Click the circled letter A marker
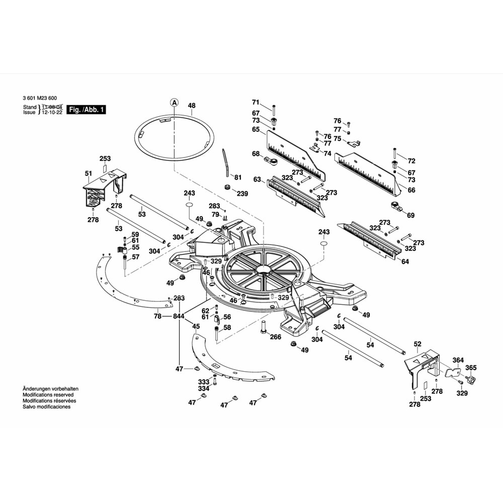(x=174, y=102)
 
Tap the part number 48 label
(x=191, y=106)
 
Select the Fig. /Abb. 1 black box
(x=87, y=110)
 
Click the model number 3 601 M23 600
(x=40, y=98)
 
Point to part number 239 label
(x=242, y=194)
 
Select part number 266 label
(x=275, y=337)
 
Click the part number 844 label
(x=179, y=316)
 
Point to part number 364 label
(x=458, y=360)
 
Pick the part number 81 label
(x=238, y=177)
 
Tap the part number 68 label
(x=256, y=154)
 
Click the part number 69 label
(x=411, y=215)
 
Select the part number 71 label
(x=256, y=102)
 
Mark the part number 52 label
(x=417, y=344)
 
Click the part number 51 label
(x=89, y=174)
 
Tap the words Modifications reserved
(x=48, y=395)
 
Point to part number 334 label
(x=203, y=388)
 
